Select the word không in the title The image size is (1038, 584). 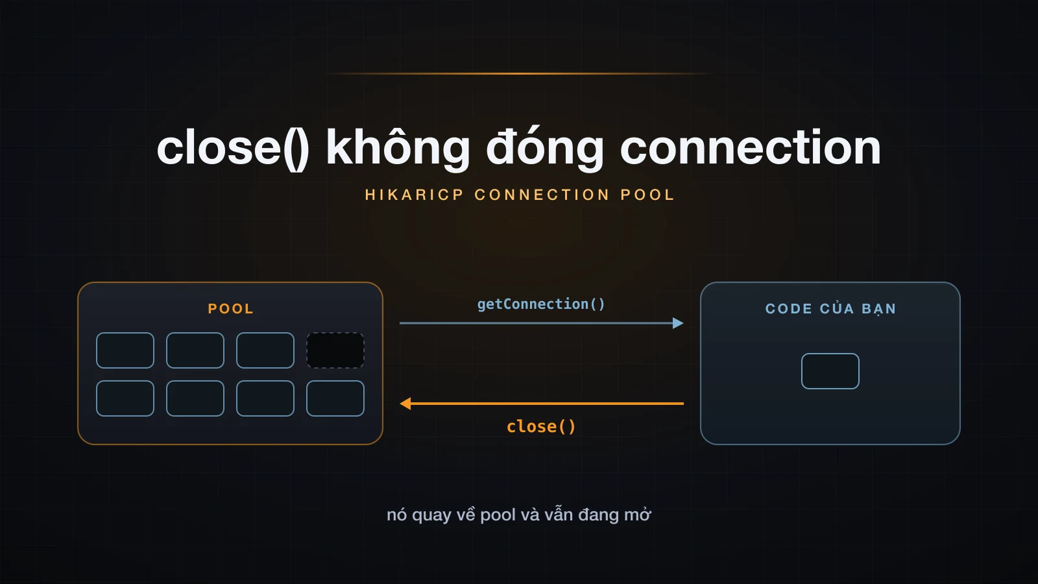[398, 147]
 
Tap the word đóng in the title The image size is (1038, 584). [545, 147]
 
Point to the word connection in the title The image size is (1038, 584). [750, 147]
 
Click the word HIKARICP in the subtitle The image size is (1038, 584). [415, 195]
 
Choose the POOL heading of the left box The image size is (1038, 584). [231, 309]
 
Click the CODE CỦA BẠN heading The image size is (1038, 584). [830, 309]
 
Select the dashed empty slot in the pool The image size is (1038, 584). [335, 350]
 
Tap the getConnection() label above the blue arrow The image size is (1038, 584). [541, 304]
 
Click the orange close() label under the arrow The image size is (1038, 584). [541, 426]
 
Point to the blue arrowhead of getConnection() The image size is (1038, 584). [678, 323]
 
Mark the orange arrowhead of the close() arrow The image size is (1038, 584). [405, 404]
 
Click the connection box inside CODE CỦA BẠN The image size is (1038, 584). [830, 371]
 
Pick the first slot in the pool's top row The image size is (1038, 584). [125, 350]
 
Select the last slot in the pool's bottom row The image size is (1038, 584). [335, 398]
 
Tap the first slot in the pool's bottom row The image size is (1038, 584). [125, 398]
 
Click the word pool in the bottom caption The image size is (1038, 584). [498, 515]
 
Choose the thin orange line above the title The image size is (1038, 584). [519, 74]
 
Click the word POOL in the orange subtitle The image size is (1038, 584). [647, 195]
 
